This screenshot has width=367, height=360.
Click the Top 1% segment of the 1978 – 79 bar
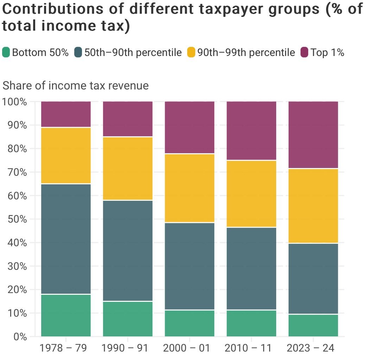[66, 114]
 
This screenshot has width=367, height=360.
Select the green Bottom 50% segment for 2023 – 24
[313, 325]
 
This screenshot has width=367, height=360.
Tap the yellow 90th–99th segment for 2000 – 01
[190, 188]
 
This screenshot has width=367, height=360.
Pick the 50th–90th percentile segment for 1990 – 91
[128, 250]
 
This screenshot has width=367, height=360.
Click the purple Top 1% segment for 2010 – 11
[251, 131]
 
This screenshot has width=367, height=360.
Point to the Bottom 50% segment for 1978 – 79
[66, 315]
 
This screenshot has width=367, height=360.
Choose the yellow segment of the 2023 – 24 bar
[313, 206]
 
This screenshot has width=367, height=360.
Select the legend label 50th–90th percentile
[133, 52]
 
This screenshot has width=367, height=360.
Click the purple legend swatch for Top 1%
[304, 52]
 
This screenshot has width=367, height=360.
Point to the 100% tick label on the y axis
[14, 102]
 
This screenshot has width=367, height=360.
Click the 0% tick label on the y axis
[19, 337]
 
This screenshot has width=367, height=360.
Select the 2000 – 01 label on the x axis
[186, 348]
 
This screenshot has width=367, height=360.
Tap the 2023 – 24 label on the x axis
[310, 348]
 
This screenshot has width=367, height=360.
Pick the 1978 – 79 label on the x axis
[63, 348]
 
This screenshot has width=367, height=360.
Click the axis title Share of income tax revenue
[75, 86]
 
